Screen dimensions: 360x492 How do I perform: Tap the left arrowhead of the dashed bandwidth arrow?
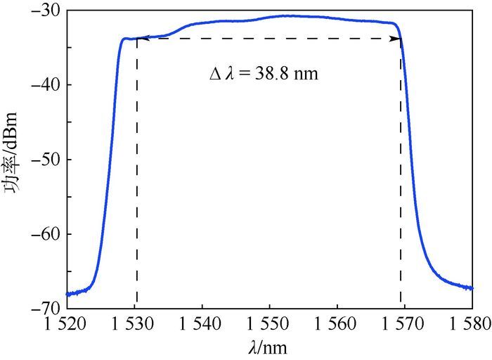click(x=139, y=39)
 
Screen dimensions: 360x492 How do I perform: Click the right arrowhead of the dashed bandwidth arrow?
click(x=398, y=39)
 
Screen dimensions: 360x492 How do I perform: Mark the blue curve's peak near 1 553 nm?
click(x=288, y=15)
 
